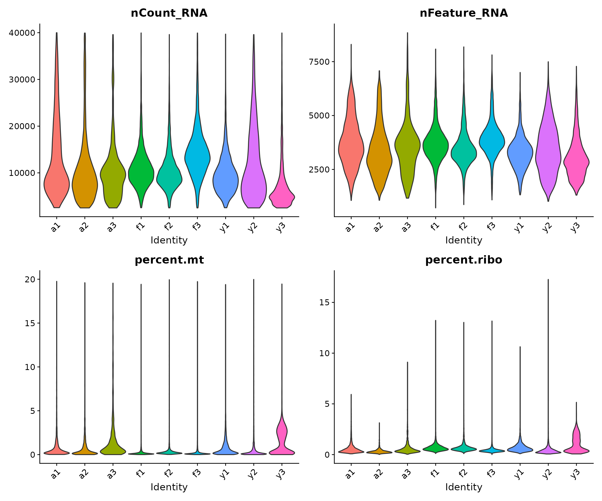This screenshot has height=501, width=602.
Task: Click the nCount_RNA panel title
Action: pyautogui.click(x=169, y=13)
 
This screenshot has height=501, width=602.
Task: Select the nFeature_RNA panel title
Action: pyautogui.click(x=464, y=13)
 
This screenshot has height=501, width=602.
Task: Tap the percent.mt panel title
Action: pyautogui.click(x=169, y=260)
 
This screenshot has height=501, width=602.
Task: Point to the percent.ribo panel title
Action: pyautogui.click(x=464, y=260)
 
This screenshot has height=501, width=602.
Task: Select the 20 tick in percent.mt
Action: pyautogui.click(x=30, y=279)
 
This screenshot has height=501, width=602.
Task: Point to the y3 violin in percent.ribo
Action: pyautogui.click(x=576, y=444)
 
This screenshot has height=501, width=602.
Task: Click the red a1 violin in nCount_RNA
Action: pyautogui.click(x=56, y=183)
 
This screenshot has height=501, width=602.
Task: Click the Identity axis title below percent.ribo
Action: pyautogui.click(x=464, y=487)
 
